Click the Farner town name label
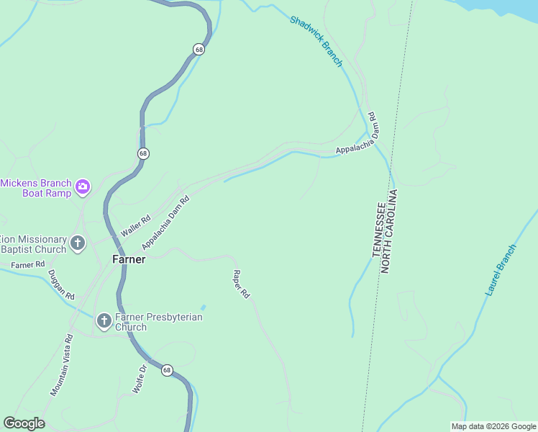129,259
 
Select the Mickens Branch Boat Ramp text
36,188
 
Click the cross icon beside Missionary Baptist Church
78,243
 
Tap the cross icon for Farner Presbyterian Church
104,321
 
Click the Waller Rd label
136,225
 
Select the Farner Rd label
28,265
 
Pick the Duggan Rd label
61,284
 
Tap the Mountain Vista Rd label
62,365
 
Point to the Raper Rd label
240,284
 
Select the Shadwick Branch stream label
316,41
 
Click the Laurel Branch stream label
501,271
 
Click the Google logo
24,423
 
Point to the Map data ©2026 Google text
493,426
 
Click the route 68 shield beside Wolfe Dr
167,370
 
